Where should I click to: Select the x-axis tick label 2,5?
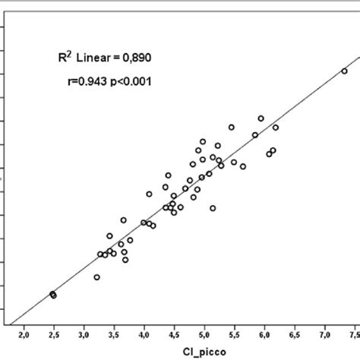click(54, 336)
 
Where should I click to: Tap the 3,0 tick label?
click(84, 336)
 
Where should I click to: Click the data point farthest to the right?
click(344, 71)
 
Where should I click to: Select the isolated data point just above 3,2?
click(97, 277)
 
